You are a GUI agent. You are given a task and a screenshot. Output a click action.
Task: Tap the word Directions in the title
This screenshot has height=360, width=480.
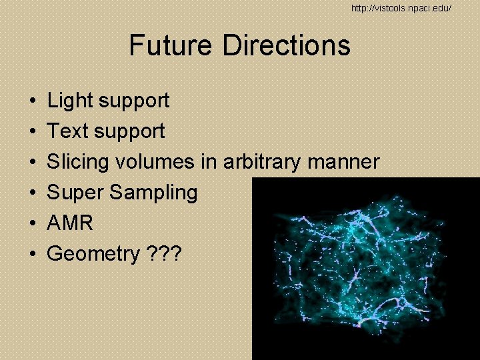287,45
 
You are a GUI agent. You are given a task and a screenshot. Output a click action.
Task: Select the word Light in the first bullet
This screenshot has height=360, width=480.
70,101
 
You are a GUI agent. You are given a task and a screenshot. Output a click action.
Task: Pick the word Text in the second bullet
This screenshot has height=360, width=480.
68,131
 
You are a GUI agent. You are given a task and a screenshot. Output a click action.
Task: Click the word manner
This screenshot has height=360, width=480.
347,162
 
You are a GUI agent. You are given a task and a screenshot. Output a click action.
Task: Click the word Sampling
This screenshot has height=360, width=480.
153,193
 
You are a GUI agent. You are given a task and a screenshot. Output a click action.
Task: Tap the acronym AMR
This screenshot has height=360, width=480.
70,223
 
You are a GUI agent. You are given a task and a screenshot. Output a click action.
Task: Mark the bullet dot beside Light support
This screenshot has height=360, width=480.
32,101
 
